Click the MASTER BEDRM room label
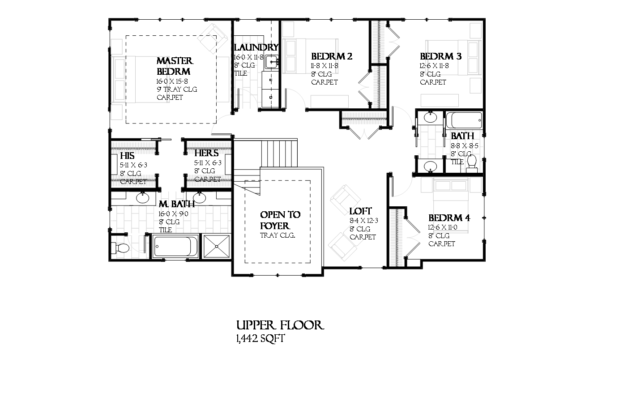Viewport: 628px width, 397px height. (175, 66)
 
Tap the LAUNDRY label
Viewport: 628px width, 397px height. (256, 47)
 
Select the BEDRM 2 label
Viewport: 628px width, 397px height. (331, 56)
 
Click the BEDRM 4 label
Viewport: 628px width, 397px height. (449, 218)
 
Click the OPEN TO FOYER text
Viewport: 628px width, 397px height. (280, 220)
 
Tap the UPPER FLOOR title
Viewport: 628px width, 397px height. (279, 325)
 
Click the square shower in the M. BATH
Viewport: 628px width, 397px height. (217, 246)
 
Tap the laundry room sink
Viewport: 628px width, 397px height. (271, 62)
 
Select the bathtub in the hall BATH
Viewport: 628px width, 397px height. (464, 120)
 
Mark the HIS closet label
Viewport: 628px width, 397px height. (127, 156)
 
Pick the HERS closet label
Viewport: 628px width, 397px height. (206, 154)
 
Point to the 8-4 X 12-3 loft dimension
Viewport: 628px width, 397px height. (364, 221)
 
